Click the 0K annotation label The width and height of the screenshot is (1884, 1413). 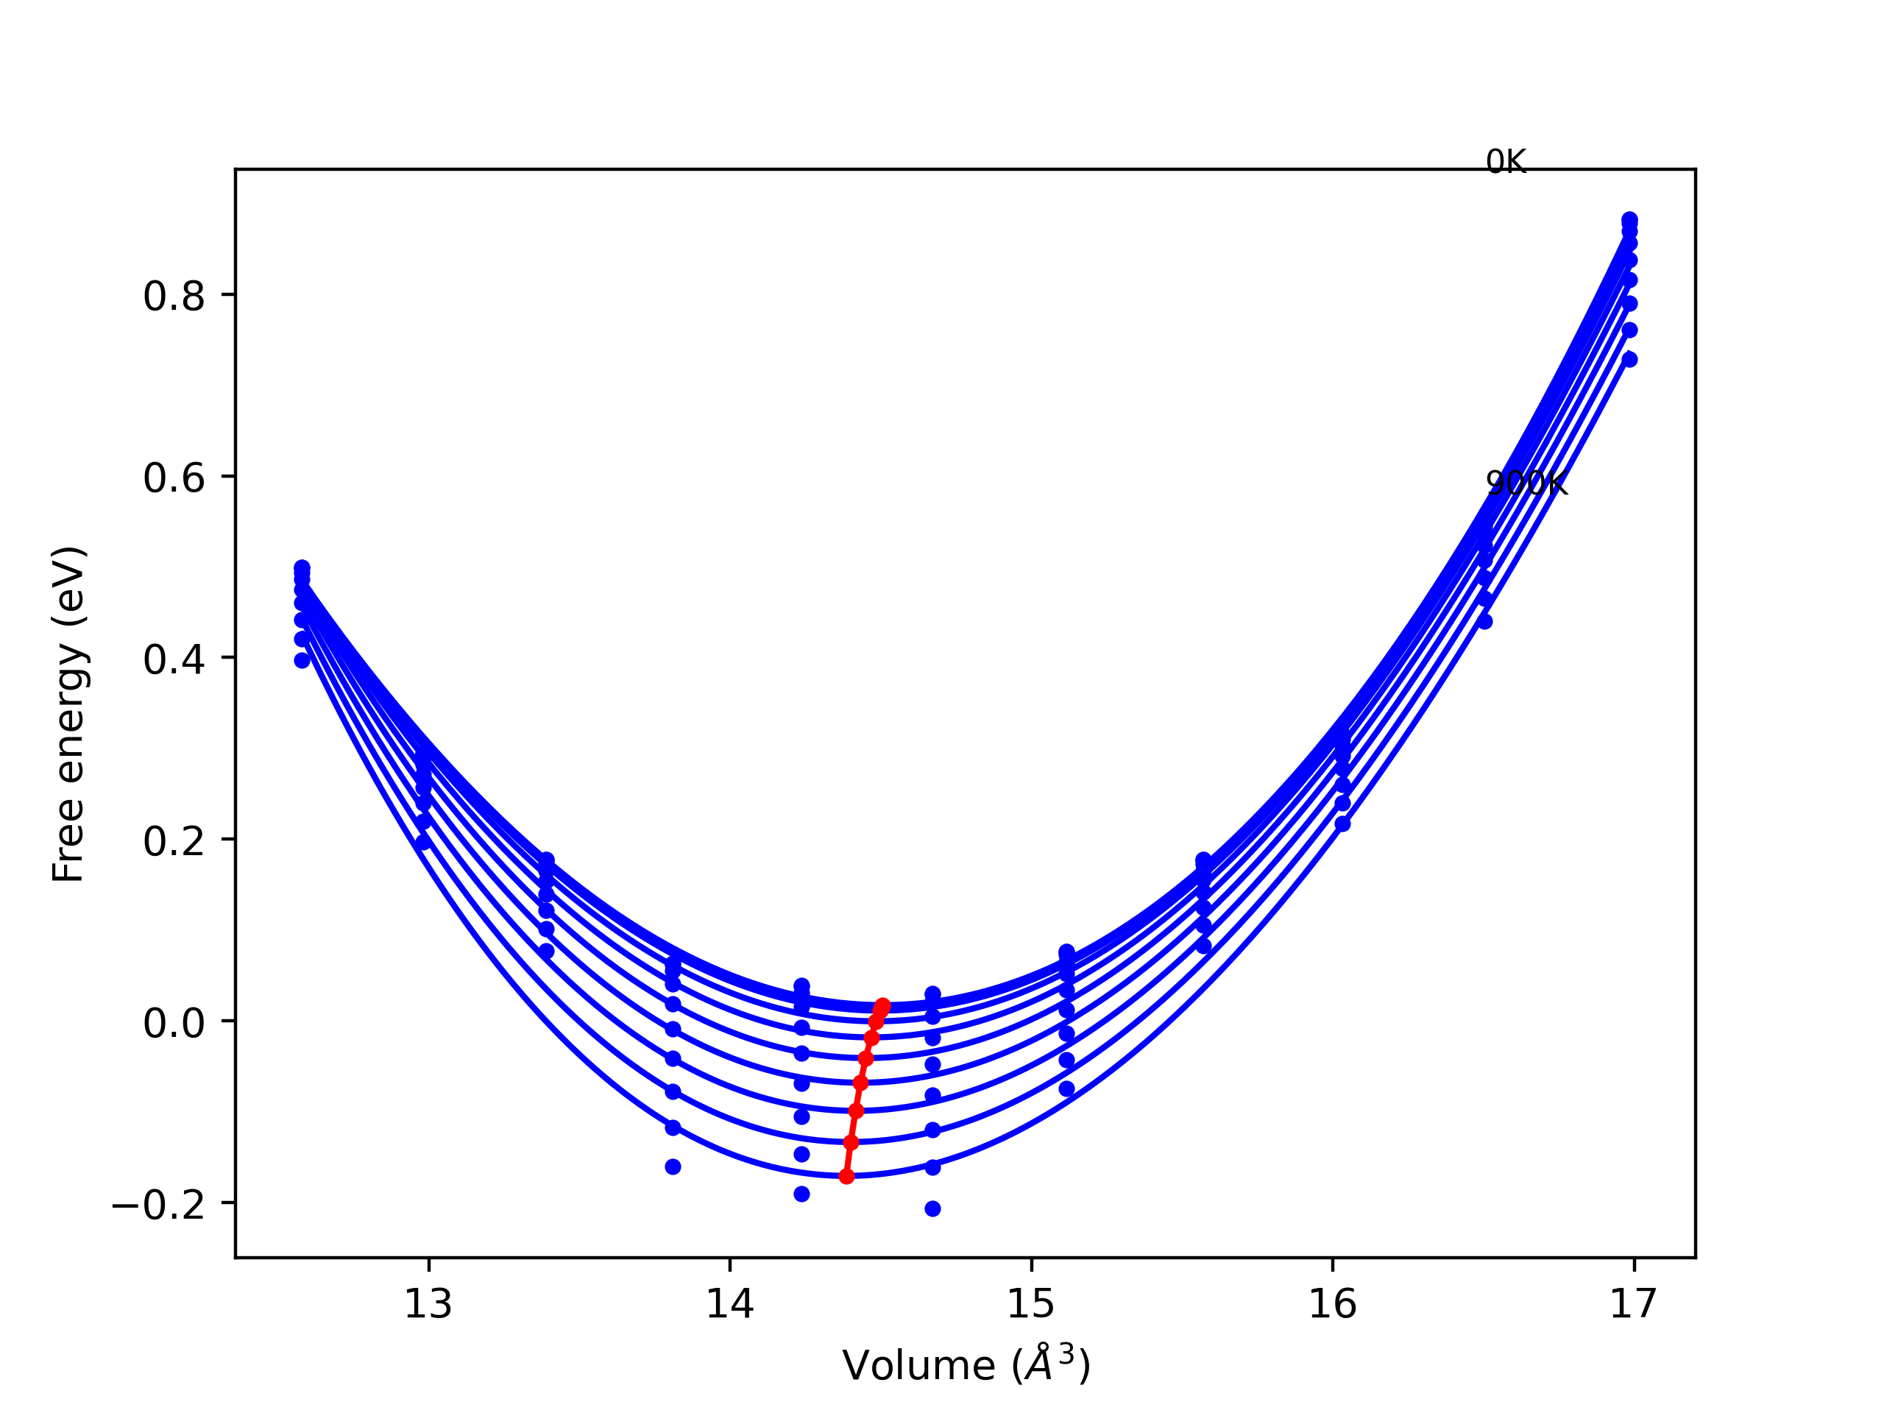tap(1506, 162)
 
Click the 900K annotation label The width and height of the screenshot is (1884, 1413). tap(1526, 484)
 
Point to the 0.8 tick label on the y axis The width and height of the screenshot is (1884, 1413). tap(174, 297)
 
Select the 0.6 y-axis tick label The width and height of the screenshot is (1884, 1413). tap(174, 478)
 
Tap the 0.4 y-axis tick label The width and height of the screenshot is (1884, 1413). tap(174, 659)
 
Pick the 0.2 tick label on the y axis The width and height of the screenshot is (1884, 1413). tap(174, 840)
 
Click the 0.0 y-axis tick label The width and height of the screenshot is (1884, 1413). tap(174, 1022)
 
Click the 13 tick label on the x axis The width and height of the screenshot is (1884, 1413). tap(428, 1304)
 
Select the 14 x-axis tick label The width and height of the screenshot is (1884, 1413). tap(730, 1304)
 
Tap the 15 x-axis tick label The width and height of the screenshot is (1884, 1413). tap(1032, 1304)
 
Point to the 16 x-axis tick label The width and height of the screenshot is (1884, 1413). tap(1333, 1304)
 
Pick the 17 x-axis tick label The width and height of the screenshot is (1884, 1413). tap(1634, 1304)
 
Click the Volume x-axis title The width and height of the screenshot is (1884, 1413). tap(966, 1365)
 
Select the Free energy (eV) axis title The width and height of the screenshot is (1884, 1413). tap(68, 714)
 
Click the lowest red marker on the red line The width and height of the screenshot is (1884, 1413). tap(846, 1176)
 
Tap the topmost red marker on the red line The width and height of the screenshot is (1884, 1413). tap(882, 1007)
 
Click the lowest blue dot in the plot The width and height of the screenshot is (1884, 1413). tap(932, 1208)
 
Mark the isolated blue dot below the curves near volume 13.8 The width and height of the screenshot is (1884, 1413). tap(673, 1167)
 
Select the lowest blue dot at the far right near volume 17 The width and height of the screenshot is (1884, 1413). tap(1629, 359)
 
